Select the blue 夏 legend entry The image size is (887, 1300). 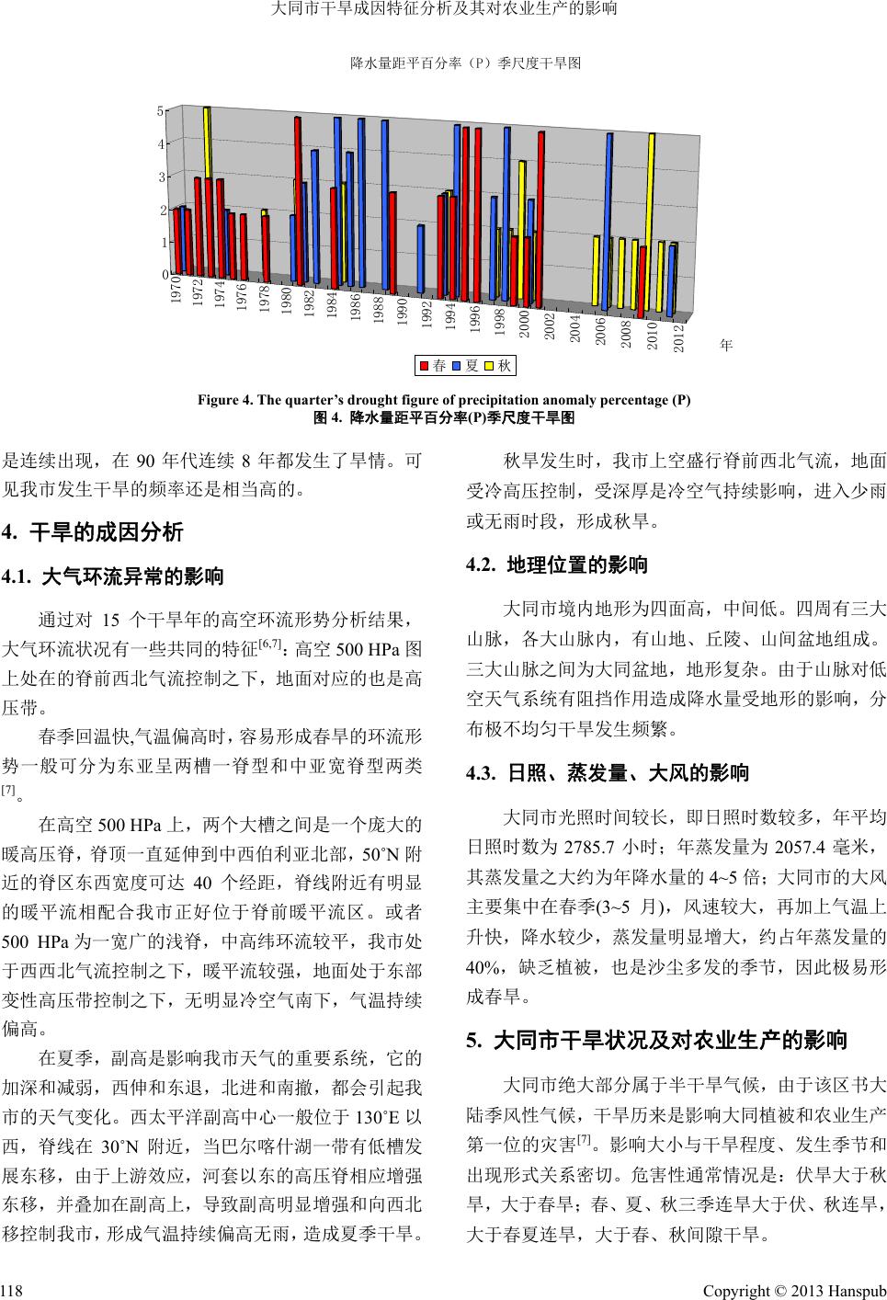[464, 366]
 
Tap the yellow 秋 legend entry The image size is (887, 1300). [497, 366]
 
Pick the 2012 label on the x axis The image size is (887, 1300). [677, 337]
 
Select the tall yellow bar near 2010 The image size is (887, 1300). [652, 221]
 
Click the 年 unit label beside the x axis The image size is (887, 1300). [725, 346]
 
